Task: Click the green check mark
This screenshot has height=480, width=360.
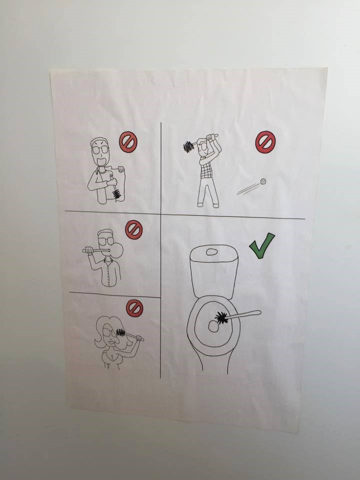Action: pos(261,245)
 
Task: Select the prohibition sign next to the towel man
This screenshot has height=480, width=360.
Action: pos(128,142)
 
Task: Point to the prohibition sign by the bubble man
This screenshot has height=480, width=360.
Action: pos(133,229)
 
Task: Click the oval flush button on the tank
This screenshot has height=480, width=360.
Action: pos(212,252)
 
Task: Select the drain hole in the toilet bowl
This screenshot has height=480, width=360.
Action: pos(212,326)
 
